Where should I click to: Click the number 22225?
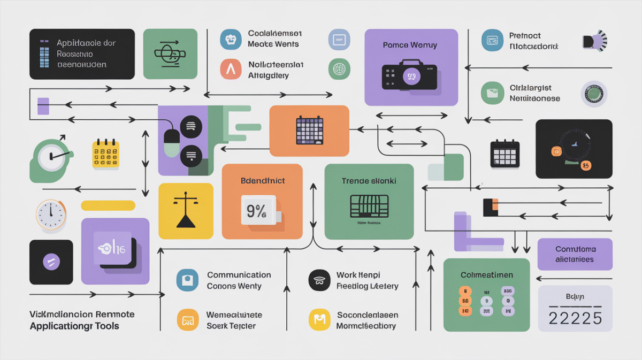[x=575, y=318]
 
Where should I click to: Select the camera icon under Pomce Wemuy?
[x=409, y=78]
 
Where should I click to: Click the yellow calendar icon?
[x=105, y=154]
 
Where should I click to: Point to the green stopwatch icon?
[x=51, y=156]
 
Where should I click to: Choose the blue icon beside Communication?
[x=187, y=280]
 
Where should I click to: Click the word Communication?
[x=239, y=275]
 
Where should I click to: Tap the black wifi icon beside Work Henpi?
[x=319, y=280]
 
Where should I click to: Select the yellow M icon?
[x=319, y=319]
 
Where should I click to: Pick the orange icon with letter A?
[x=231, y=70]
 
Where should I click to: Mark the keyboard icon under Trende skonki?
[x=369, y=206]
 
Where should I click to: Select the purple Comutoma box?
[x=575, y=254]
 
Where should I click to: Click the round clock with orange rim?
[x=50, y=215]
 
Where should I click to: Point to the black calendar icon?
[x=505, y=154]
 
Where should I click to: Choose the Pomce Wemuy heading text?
[x=410, y=45]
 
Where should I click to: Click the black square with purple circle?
[x=51, y=262]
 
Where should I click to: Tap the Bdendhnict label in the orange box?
[x=262, y=181]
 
